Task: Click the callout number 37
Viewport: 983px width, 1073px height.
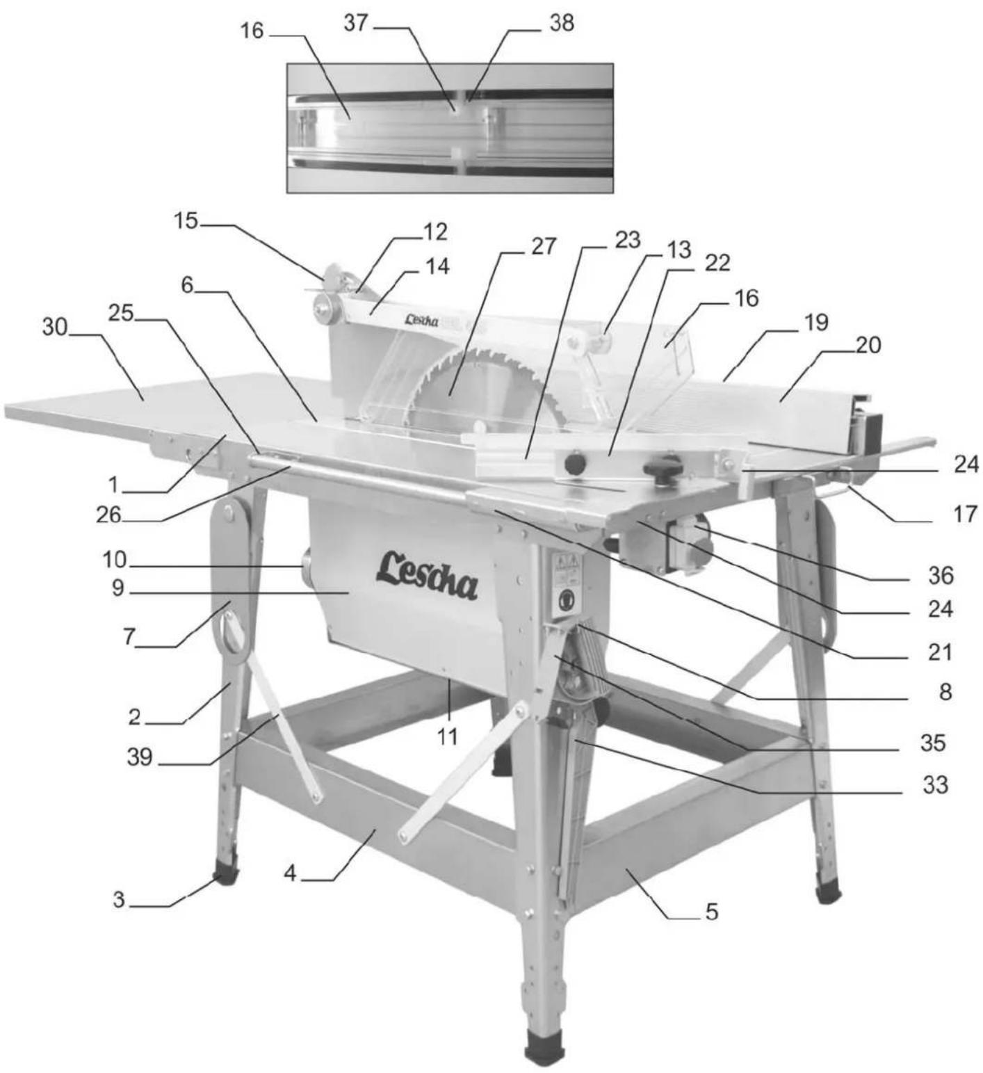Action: pos(355,23)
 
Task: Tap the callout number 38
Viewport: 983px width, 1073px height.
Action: pos(561,23)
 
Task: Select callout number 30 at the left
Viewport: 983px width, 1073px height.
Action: pos(55,326)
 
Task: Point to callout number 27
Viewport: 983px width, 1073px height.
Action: pos(544,246)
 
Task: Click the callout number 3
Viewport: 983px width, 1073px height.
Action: pos(120,900)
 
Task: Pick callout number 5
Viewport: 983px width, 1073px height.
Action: pos(711,912)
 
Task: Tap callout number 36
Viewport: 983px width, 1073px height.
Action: pos(941,575)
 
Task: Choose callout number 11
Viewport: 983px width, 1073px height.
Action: pos(448,736)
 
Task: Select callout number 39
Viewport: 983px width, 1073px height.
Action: pos(139,757)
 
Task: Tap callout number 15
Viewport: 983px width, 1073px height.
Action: pos(186,221)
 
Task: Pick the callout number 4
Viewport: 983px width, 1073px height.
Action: pos(290,873)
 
